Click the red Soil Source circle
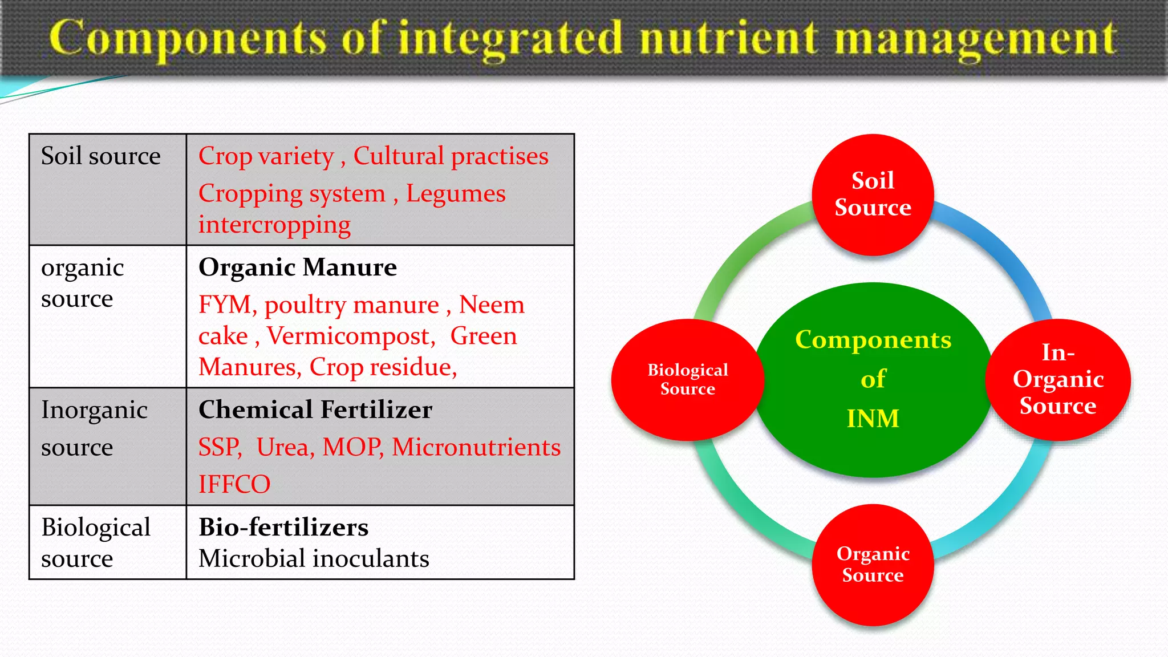click(x=873, y=194)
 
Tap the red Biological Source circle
click(x=687, y=379)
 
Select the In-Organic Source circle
click(x=1058, y=379)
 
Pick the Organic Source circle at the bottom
click(x=873, y=565)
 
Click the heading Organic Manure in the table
click(x=297, y=267)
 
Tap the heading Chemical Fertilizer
click(x=315, y=409)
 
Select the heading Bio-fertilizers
click(x=283, y=527)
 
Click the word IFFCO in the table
click(x=234, y=484)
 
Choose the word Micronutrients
click(x=476, y=447)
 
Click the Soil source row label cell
click(x=101, y=156)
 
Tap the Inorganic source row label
click(x=94, y=428)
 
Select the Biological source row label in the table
click(x=96, y=542)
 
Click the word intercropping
click(x=274, y=225)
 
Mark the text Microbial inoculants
click(x=314, y=558)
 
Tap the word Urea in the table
click(x=285, y=447)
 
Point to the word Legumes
click(x=455, y=193)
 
